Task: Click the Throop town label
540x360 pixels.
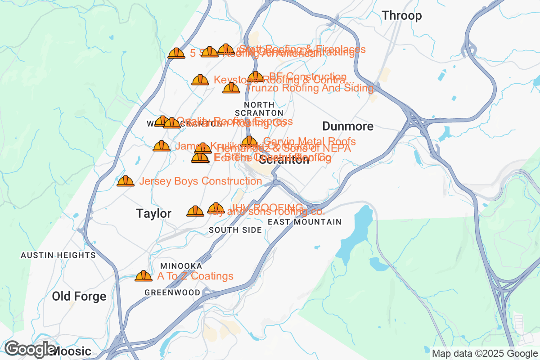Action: [x=402, y=16]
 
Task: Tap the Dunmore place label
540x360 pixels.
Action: [x=348, y=126]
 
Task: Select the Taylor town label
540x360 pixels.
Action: [x=153, y=214]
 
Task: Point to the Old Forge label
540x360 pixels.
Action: [x=79, y=297]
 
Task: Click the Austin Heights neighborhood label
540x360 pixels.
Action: [x=58, y=255]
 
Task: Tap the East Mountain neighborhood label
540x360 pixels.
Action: [x=305, y=222]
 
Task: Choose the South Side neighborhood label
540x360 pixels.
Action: [x=235, y=230]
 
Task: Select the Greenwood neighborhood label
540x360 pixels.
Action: [x=172, y=292]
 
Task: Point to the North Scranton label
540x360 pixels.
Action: [x=259, y=108]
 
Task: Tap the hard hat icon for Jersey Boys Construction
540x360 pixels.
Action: [x=126, y=181]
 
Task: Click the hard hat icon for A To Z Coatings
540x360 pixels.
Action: [x=144, y=276]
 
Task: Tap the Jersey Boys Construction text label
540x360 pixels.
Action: [x=201, y=181]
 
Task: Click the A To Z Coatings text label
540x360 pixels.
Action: [x=195, y=276]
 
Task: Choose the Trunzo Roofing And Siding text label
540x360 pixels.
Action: [x=309, y=88]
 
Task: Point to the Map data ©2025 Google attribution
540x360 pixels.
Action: [x=484, y=353]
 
